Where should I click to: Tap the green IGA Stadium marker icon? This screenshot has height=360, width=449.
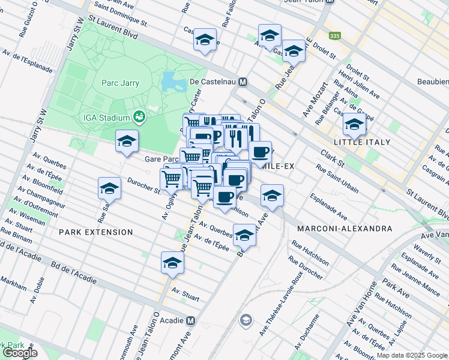tap(139, 115)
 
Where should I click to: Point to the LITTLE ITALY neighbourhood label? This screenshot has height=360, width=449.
tap(364, 142)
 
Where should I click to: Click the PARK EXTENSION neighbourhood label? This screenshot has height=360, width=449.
tap(96, 232)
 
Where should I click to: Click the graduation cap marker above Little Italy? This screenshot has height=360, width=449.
tap(354, 125)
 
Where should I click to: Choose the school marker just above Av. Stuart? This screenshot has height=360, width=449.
tap(172, 263)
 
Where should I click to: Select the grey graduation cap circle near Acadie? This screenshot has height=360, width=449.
tap(245, 321)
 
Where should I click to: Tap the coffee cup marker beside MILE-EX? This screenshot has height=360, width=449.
tap(260, 152)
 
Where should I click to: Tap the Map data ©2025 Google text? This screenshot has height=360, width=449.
tap(411, 355)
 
